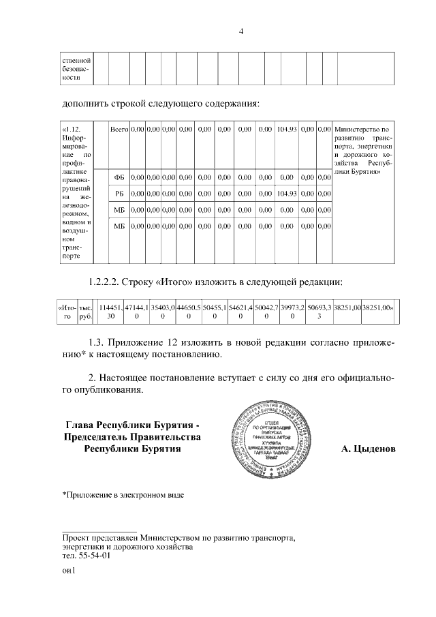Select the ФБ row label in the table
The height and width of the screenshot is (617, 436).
119,177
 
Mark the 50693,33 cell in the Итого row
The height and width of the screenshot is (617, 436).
318,312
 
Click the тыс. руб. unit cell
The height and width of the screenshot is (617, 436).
86,312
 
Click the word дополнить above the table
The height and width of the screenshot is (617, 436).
84,104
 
